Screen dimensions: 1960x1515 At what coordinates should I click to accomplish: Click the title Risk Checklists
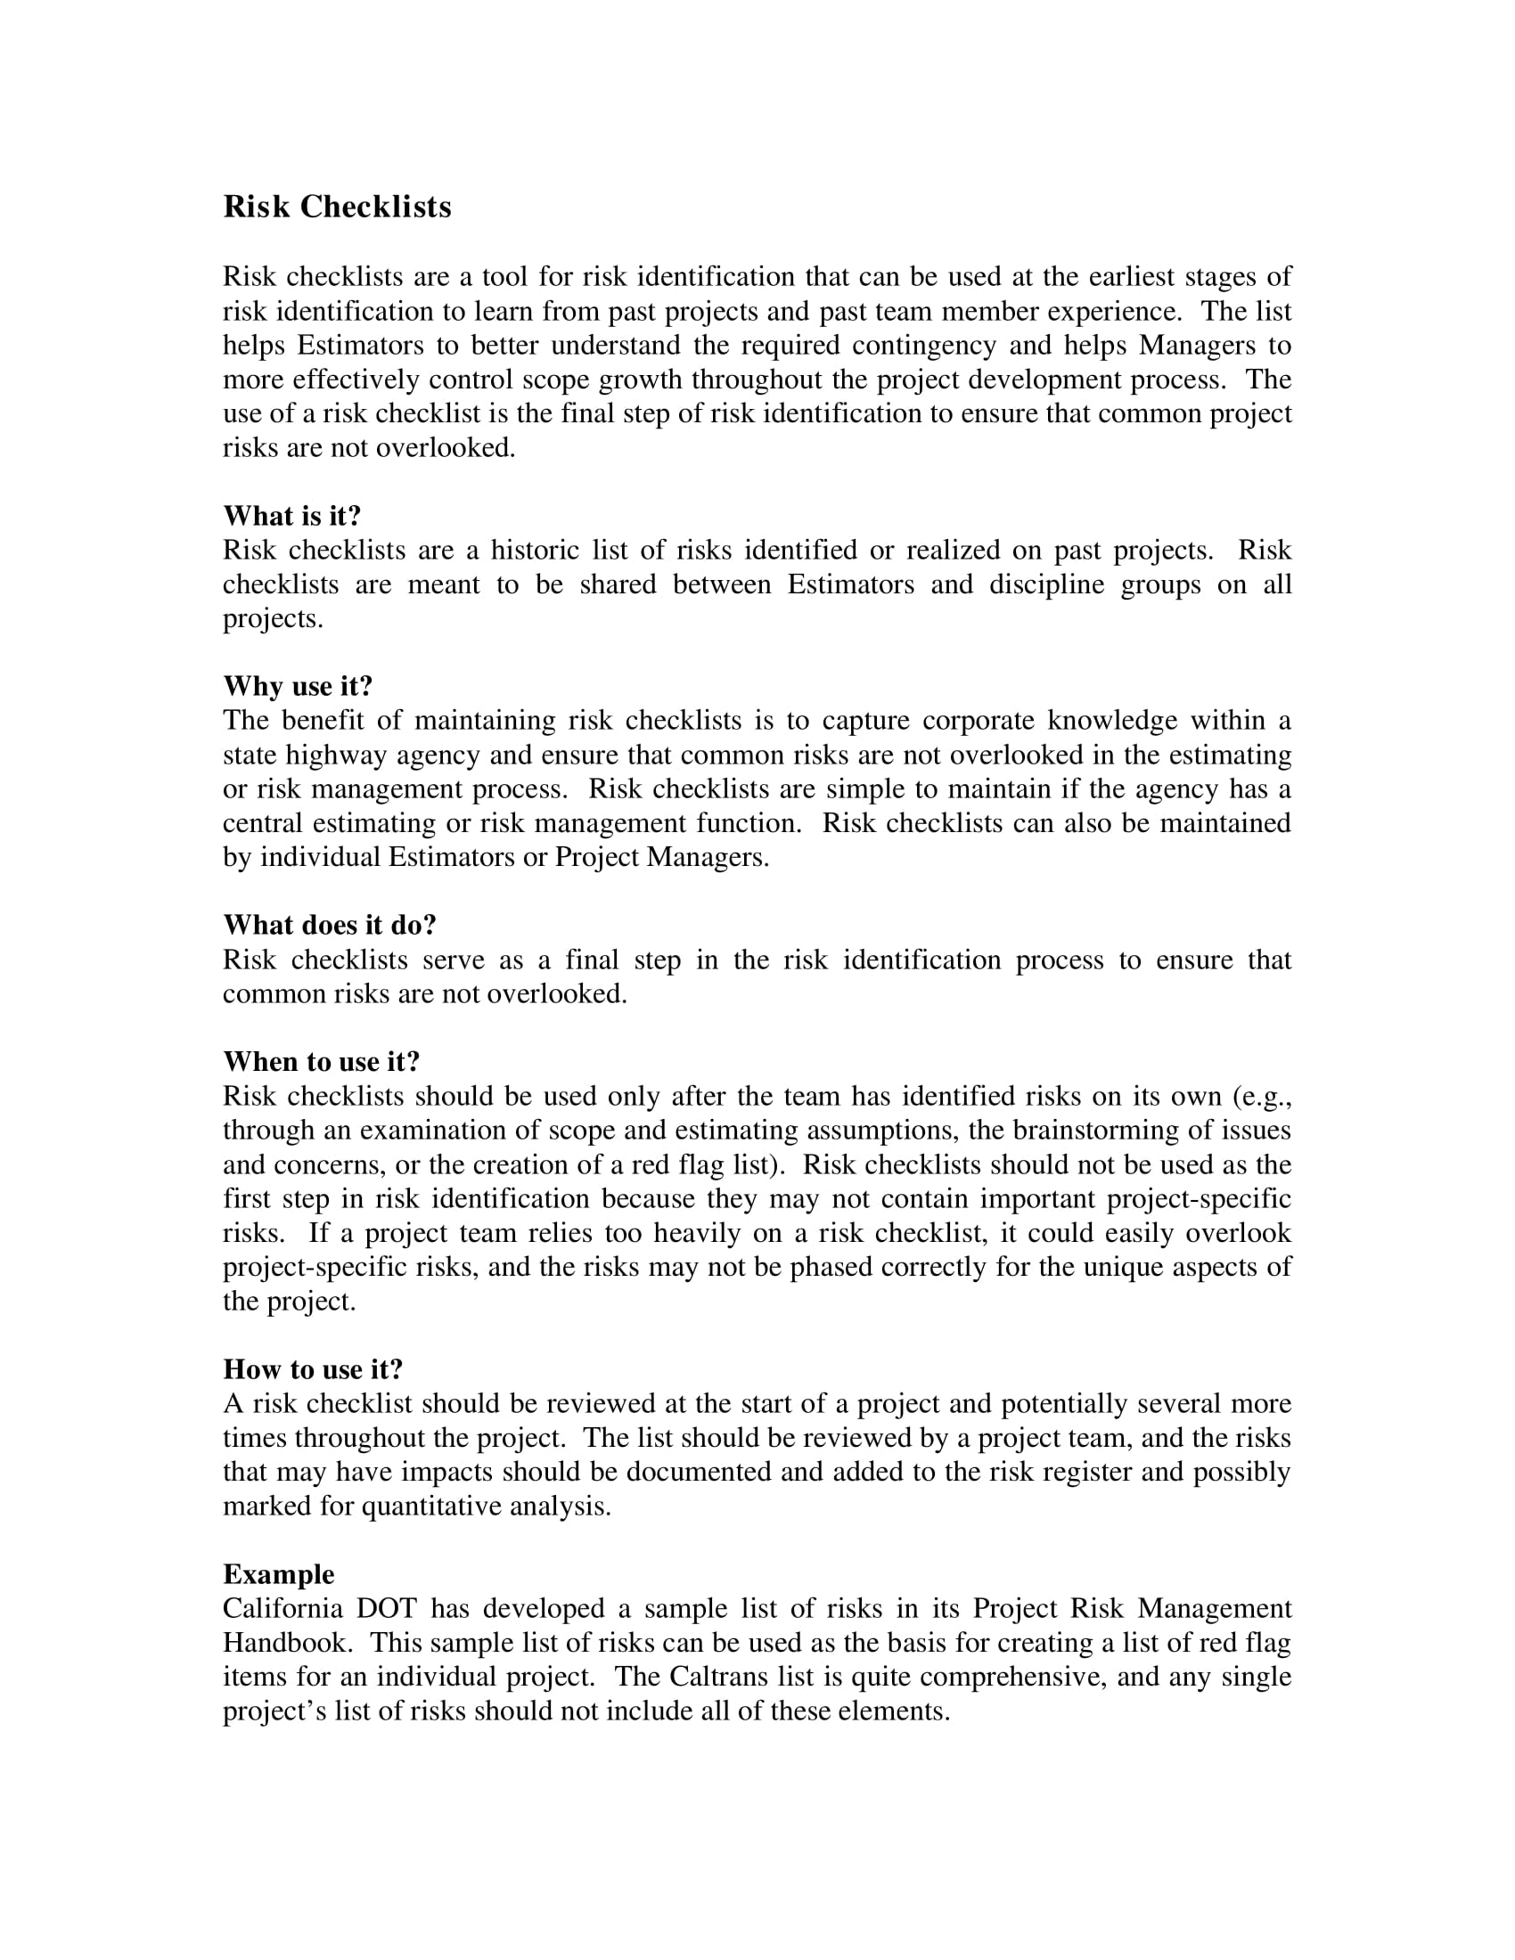337,208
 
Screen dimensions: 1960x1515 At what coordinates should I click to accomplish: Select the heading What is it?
291,516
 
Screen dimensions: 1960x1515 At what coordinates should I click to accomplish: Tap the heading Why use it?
297,687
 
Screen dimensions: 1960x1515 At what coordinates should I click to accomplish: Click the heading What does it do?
330,926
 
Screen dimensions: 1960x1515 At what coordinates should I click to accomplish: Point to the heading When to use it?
322,1062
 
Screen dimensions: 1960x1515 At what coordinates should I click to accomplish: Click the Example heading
278,1574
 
